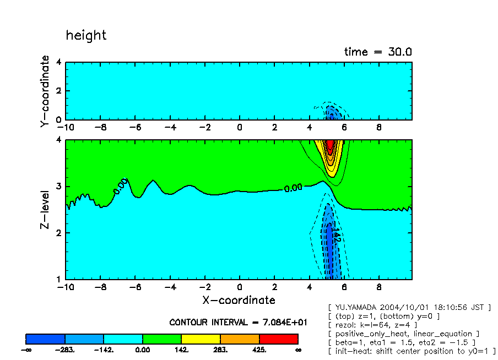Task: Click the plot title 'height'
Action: click(x=86, y=36)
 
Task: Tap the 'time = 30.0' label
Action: click(x=378, y=52)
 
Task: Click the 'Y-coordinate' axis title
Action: click(x=45, y=91)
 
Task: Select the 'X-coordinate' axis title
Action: click(x=238, y=300)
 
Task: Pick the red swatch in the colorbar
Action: click(x=278, y=339)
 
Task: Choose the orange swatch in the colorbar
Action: click(x=240, y=339)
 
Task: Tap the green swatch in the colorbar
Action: click(x=162, y=339)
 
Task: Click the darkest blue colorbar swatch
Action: click(x=46, y=339)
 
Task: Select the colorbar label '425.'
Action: click(x=259, y=350)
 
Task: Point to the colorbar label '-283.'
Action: click(x=64, y=350)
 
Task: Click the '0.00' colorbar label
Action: click(x=143, y=350)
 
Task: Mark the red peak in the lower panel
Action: click(x=330, y=146)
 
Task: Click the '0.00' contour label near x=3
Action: click(x=293, y=188)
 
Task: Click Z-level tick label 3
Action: click(x=59, y=187)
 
